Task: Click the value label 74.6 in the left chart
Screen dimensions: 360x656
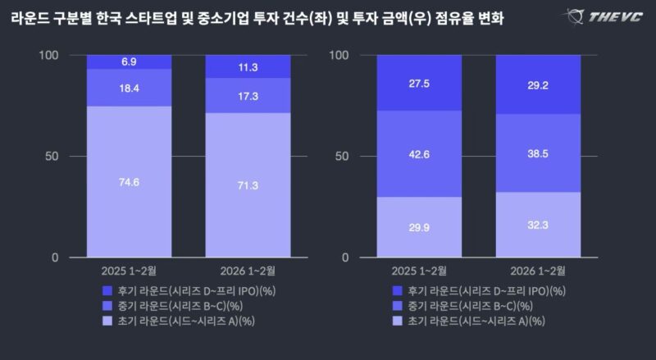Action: pos(129,183)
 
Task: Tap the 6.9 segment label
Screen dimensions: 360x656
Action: pos(129,62)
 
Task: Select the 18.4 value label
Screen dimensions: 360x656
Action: pos(129,88)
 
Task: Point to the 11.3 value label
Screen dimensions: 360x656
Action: pos(247,67)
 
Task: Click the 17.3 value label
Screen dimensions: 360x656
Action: pos(247,96)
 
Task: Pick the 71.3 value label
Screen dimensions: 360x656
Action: pos(247,186)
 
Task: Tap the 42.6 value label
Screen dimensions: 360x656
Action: pos(419,154)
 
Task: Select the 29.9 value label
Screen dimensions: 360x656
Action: pos(419,228)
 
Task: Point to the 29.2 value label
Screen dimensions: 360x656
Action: pos(537,84)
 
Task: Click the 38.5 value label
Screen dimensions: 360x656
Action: pos(537,153)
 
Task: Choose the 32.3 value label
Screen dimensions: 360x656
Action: pos(537,226)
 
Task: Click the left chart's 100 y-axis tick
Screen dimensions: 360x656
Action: pos(50,55)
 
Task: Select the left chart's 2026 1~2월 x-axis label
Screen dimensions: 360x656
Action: pos(247,271)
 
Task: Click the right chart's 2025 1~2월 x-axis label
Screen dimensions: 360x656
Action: pos(419,271)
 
